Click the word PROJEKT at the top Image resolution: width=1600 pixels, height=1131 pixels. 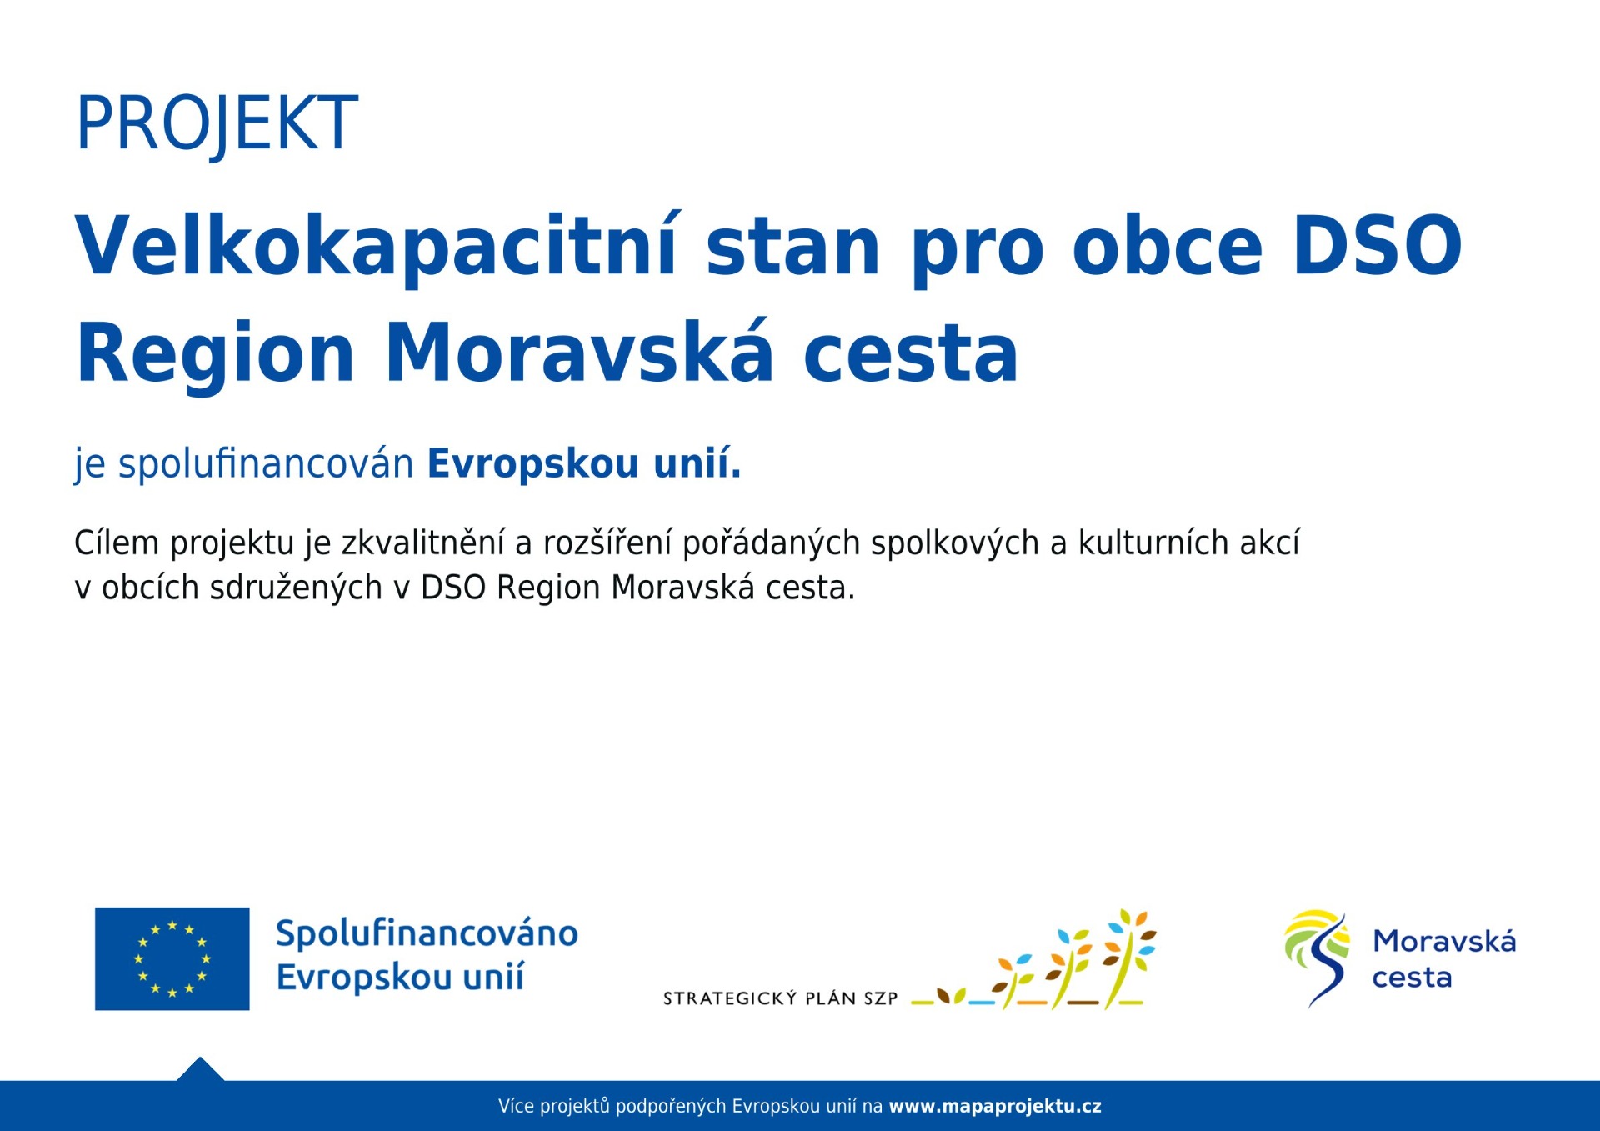[x=217, y=124]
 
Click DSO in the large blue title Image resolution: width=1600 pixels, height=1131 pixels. [x=1377, y=245]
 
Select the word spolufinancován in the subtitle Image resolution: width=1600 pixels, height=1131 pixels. [x=266, y=463]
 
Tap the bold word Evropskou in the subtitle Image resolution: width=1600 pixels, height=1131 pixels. [x=532, y=463]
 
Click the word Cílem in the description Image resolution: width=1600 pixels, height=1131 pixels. [x=117, y=543]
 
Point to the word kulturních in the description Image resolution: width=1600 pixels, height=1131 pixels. [x=1153, y=543]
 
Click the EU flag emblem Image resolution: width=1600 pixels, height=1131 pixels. [x=172, y=959]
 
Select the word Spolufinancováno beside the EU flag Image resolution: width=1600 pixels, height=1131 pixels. [x=427, y=933]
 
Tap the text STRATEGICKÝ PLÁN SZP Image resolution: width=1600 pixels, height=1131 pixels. [x=780, y=998]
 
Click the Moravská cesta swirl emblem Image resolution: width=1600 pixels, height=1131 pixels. [x=1317, y=958]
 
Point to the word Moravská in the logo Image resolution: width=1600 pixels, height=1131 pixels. [x=1444, y=941]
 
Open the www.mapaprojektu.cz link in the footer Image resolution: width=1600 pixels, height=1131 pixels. [x=995, y=1107]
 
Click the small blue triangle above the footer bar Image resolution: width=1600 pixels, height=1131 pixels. [x=200, y=1070]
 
